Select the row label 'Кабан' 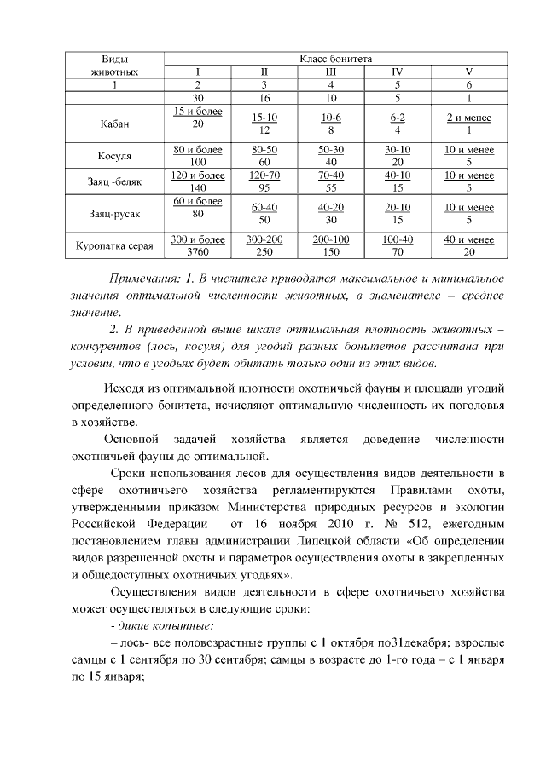click(114, 124)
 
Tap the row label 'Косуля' click(114, 156)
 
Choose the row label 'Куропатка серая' click(114, 246)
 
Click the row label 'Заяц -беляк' click(114, 182)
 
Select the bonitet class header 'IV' click(397, 72)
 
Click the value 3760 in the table click(198, 252)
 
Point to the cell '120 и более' click(198, 175)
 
